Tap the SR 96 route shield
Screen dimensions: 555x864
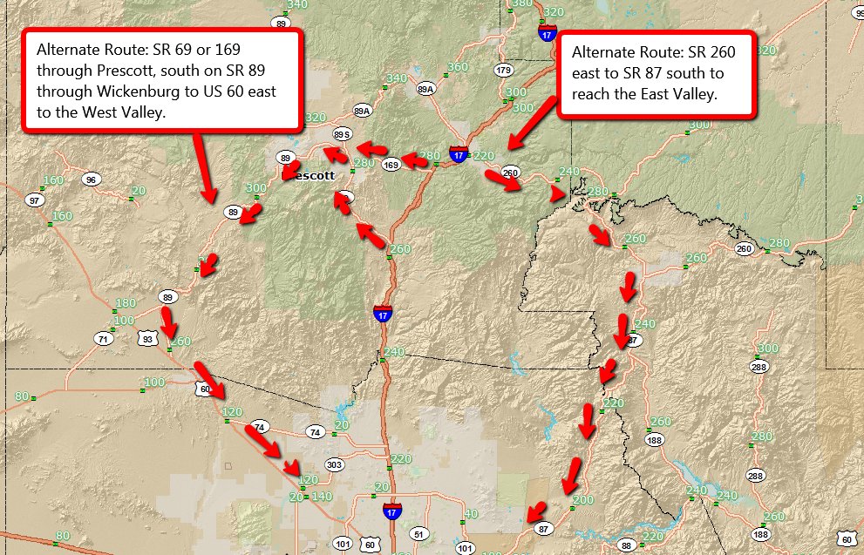coord(92,179)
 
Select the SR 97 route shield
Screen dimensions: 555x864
coord(35,200)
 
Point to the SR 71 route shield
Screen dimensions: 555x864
coord(104,338)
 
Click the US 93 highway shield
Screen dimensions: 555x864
coord(147,337)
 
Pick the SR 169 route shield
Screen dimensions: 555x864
coord(392,164)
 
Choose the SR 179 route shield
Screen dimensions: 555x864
coord(503,70)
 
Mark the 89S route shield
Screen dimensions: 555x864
coord(343,134)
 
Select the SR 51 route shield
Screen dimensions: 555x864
coord(419,534)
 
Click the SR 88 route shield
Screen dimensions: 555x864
coord(626,545)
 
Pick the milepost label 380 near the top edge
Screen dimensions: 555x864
coord(522,4)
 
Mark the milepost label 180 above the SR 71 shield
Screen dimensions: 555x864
coord(126,303)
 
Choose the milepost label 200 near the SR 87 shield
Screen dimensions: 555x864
coord(582,500)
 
